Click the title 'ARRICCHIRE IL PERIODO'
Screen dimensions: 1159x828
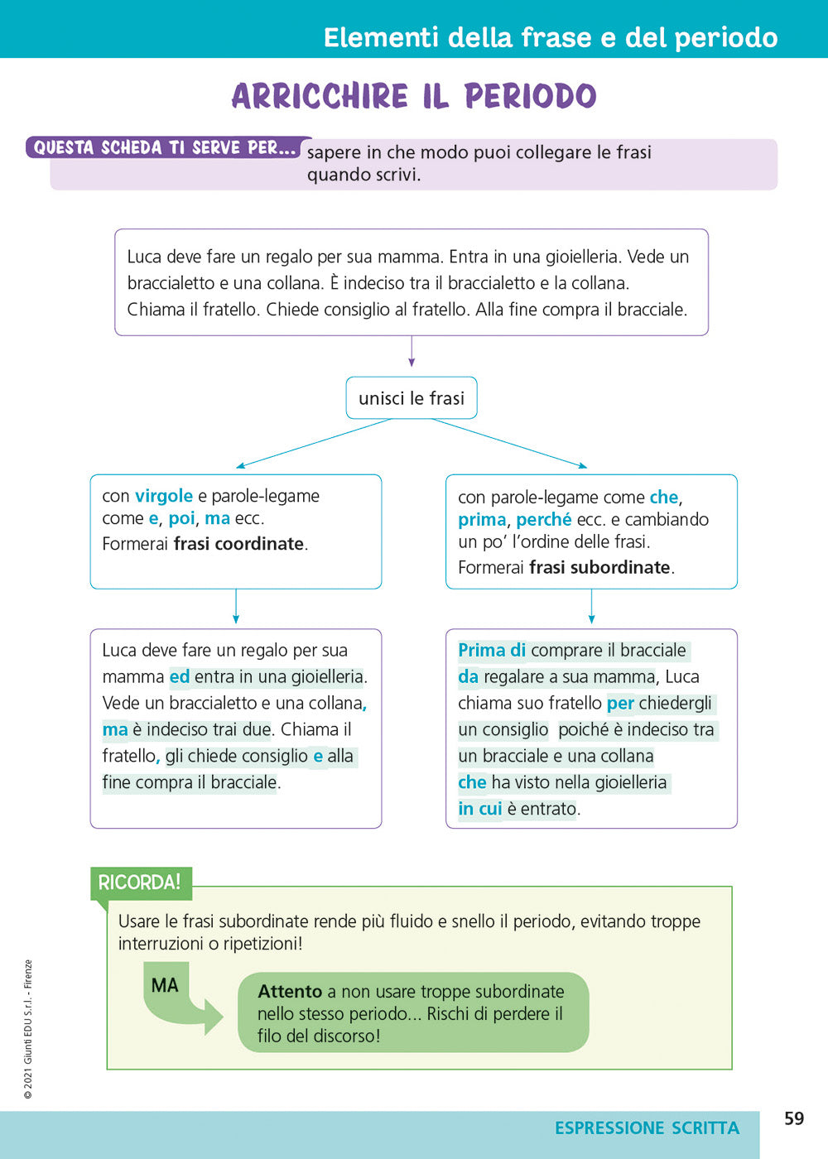tap(413, 97)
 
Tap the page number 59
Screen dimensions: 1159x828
tap(794, 1118)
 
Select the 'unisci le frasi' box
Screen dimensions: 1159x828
tap(412, 398)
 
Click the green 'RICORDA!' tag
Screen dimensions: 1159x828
tap(139, 882)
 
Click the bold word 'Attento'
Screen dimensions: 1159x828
tap(290, 991)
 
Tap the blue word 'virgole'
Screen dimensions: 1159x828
tap(164, 496)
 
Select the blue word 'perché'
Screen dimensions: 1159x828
tap(543, 520)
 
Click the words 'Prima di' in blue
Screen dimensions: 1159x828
tap(492, 651)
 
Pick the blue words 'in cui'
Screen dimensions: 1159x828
tap(480, 809)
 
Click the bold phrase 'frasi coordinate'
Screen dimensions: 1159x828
tap(238, 544)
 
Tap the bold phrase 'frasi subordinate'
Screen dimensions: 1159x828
tap(599, 567)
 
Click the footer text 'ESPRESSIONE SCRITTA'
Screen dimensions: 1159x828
tap(647, 1128)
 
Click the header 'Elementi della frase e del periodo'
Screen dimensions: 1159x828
tap(551, 37)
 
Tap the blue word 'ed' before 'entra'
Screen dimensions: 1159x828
tap(180, 677)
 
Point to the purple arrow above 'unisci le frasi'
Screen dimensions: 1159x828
tap(412, 351)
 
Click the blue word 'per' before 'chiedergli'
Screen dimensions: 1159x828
tap(620, 704)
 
